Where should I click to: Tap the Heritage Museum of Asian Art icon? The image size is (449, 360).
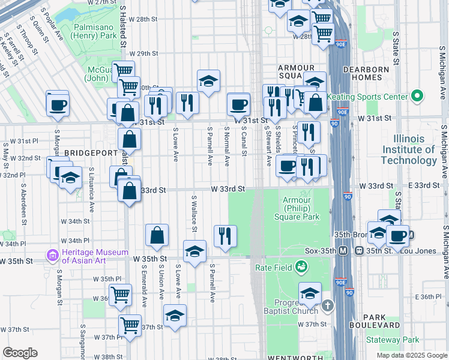[x=53, y=256]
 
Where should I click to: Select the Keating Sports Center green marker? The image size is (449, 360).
[x=417, y=96]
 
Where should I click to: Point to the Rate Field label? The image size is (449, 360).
[x=274, y=267]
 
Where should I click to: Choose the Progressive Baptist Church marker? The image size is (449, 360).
[x=327, y=305]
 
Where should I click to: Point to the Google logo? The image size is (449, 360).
[x=20, y=353]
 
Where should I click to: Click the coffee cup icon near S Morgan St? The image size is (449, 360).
[x=58, y=104]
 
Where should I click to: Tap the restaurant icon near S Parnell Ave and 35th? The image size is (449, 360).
[x=225, y=236]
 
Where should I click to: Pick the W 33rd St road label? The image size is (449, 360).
[x=228, y=189]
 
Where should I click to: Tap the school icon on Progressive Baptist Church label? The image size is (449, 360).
[x=310, y=293]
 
